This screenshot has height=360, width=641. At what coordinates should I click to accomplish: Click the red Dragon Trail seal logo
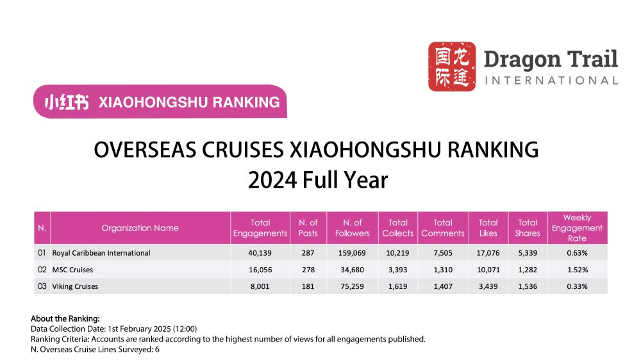(x=451, y=66)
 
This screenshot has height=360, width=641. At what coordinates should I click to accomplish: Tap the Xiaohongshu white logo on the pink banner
(x=67, y=102)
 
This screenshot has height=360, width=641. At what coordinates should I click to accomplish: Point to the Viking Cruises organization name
(x=75, y=286)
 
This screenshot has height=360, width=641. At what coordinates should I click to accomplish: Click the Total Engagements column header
(x=260, y=228)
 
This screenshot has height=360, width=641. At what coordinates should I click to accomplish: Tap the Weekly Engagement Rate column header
(x=577, y=228)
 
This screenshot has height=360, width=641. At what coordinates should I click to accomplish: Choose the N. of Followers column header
(x=352, y=228)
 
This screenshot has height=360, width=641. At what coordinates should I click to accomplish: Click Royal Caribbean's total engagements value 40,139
(x=260, y=253)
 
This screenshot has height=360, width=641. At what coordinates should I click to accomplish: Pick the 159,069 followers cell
(x=352, y=253)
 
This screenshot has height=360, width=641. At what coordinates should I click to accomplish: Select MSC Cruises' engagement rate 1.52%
(x=577, y=270)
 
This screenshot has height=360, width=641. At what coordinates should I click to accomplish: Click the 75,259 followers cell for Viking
(x=352, y=286)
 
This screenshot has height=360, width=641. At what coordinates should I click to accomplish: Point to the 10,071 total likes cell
(x=488, y=270)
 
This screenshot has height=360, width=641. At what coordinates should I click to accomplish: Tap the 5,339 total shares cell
(x=528, y=253)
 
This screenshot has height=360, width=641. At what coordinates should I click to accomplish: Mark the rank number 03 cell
(x=42, y=286)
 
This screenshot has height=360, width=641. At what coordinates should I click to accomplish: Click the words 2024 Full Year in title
(x=318, y=180)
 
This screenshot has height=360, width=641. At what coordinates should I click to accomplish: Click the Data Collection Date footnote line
(x=113, y=329)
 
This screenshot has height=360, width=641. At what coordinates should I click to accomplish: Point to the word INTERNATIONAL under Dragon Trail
(x=551, y=81)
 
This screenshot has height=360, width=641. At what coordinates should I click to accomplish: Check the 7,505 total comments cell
(x=442, y=253)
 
